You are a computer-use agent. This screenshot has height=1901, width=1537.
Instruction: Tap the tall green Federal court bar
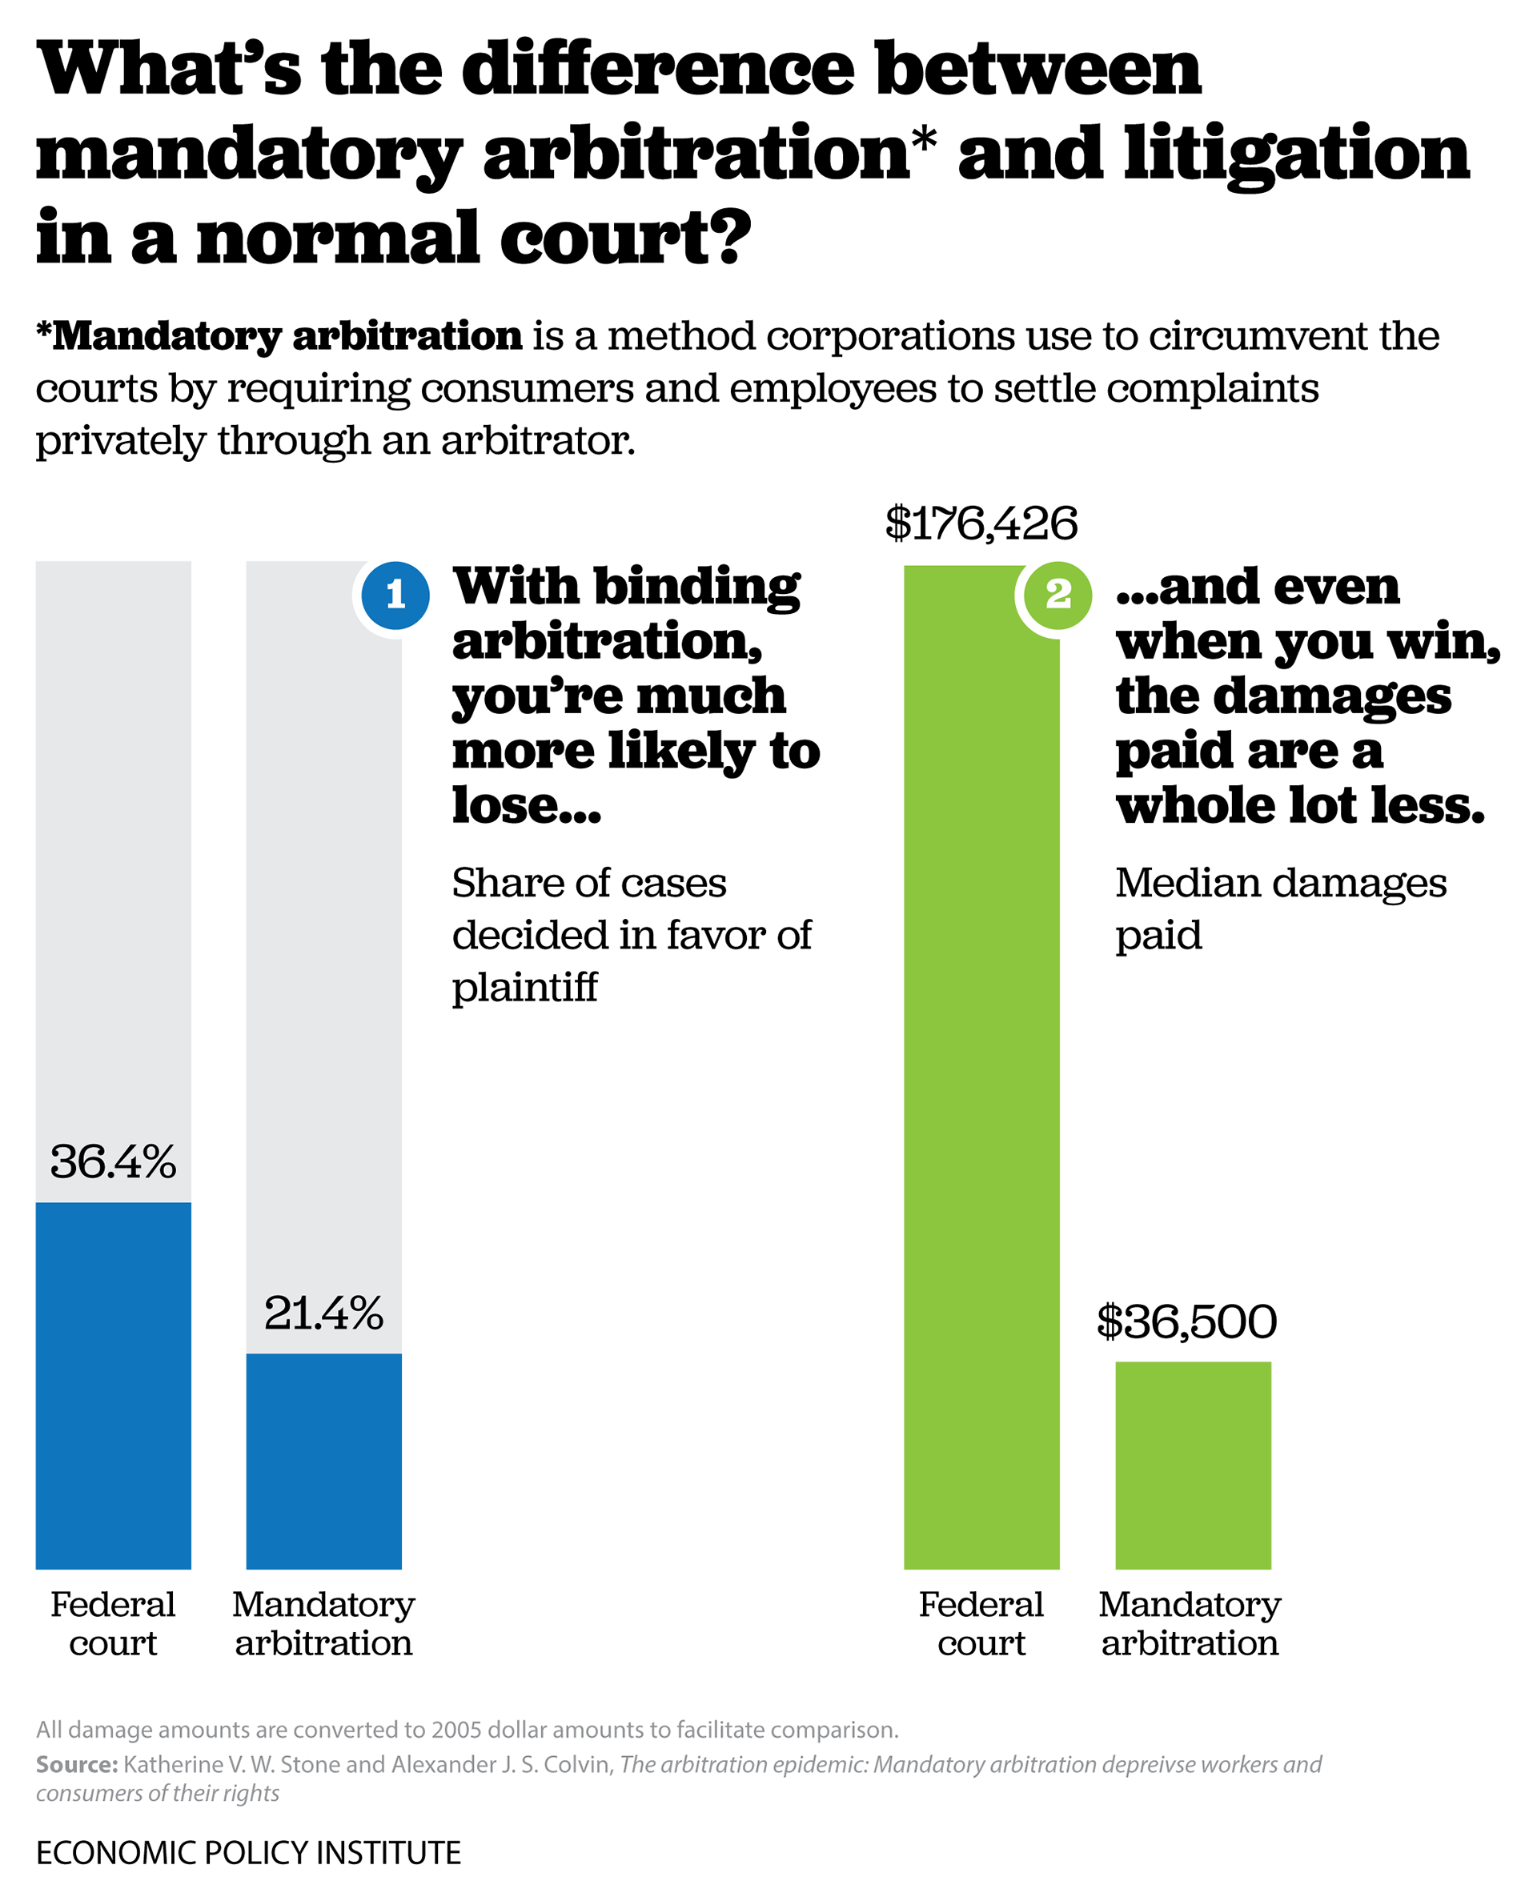point(981,1062)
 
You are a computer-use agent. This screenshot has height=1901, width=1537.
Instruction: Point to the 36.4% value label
point(114,1162)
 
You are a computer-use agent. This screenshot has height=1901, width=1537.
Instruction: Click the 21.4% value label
point(323,1313)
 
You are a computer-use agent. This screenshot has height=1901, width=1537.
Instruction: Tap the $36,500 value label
point(1186,1321)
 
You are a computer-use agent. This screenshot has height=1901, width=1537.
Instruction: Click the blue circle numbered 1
point(395,595)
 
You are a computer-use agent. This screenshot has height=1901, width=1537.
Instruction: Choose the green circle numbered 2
point(1058,595)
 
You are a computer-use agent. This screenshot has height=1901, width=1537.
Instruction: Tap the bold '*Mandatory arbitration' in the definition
point(279,336)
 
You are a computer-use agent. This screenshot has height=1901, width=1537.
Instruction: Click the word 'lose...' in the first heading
point(527,805)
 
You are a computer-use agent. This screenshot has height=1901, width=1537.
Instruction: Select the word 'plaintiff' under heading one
point(524,988)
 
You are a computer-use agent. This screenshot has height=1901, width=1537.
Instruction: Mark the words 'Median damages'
point(1280,883)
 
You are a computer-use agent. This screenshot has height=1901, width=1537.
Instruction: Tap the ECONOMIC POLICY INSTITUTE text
point(248,1852)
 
